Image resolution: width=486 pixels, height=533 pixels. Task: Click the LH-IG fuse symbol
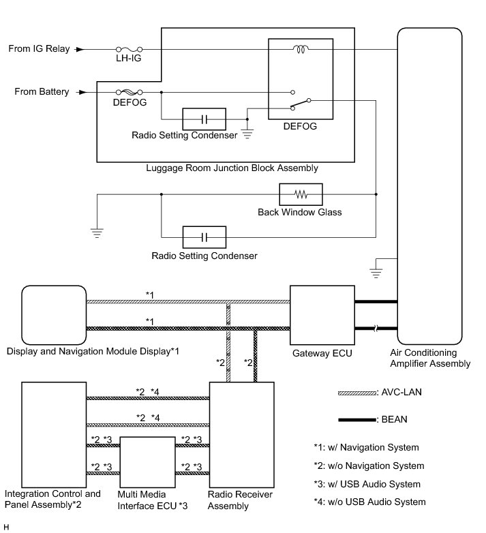click(x=129, y=50)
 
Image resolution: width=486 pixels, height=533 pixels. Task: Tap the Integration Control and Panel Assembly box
click(x=54, y=432)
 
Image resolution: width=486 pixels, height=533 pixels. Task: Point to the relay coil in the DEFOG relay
click(x=300, y=49)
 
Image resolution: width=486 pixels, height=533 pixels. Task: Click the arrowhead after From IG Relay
click(x=80, y=50)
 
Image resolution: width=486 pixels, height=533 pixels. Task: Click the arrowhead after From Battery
click(x=80, y=92)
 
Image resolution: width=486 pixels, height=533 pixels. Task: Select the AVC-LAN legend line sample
click(x=356, y=394)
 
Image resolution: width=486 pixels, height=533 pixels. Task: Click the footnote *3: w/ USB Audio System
click(x=366, y=484)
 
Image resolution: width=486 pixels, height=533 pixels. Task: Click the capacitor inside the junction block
click(x=204, y=120)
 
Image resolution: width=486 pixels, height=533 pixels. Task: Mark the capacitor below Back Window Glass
click(x=204, y=237)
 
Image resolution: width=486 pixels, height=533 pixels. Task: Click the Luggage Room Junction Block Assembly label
click(x=232, y=168)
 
